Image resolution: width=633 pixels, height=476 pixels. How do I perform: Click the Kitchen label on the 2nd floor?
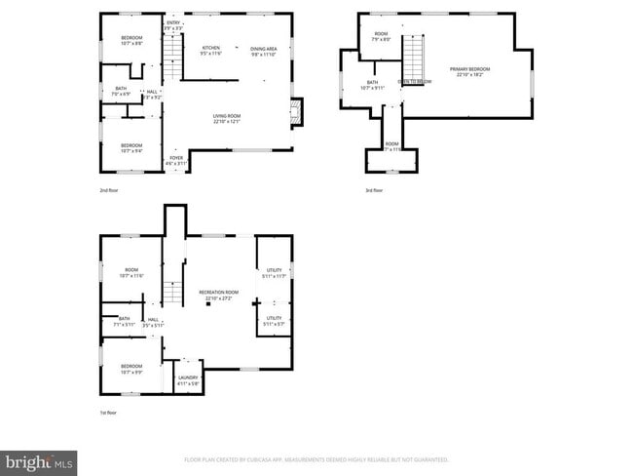tap(211, 50)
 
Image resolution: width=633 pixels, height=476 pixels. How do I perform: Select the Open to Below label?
tap(414, 82)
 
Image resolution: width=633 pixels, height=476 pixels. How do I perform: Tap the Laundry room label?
tap(188, 379)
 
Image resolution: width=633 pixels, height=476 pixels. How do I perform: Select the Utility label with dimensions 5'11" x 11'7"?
tap(274, 271)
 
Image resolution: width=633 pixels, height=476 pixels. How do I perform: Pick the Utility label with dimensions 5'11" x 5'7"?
tap(274, 319)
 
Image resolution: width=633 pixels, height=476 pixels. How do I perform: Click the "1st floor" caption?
tap(110, 413)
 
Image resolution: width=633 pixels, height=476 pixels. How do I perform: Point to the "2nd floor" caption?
tap(110, 190)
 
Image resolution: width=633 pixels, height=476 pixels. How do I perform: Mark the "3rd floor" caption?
tap(373, 190)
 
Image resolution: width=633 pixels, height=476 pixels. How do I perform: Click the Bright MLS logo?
tap(39, 459)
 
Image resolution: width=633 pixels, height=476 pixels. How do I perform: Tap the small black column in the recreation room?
tap(206, 303)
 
